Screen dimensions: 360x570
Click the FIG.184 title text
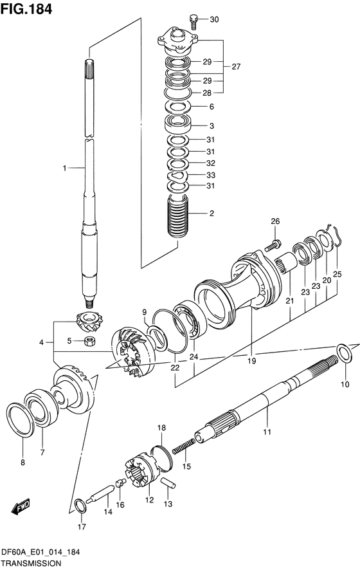26,9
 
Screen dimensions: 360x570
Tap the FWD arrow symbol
21,508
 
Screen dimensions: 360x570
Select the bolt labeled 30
194,21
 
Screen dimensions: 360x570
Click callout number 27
236,66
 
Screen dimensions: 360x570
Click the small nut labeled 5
89,342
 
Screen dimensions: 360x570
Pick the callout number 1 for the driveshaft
64,168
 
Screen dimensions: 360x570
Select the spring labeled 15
183,446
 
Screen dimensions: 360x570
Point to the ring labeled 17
80,506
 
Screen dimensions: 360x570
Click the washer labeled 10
345,353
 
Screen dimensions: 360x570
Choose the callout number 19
251,361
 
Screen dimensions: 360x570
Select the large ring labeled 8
21,419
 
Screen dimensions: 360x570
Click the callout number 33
211,175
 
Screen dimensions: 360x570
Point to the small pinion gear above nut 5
89,322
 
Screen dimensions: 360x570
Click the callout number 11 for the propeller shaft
267,432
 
